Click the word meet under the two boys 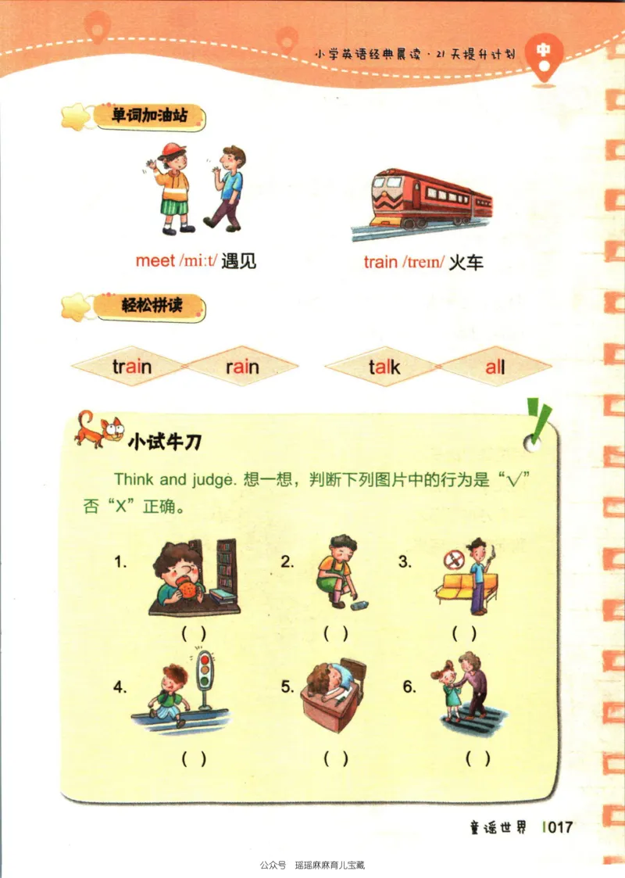click(x=155, y=260)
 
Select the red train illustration click(x=426, y=199)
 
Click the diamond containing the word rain click(x=242, y=366)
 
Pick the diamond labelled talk click(x=384, y=366)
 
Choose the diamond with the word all click(x=495, y=366)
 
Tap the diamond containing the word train click(x=131, y=366)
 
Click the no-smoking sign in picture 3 click(x=451, y=560)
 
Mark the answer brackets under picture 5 click(x=335, y=758)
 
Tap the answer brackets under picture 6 click(x=477, y=758)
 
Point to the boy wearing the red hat click(x=173, y=188)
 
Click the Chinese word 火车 click(x=466, y=262)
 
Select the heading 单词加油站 click(x=148, y=116)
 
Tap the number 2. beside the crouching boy click(x=287, y=561)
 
